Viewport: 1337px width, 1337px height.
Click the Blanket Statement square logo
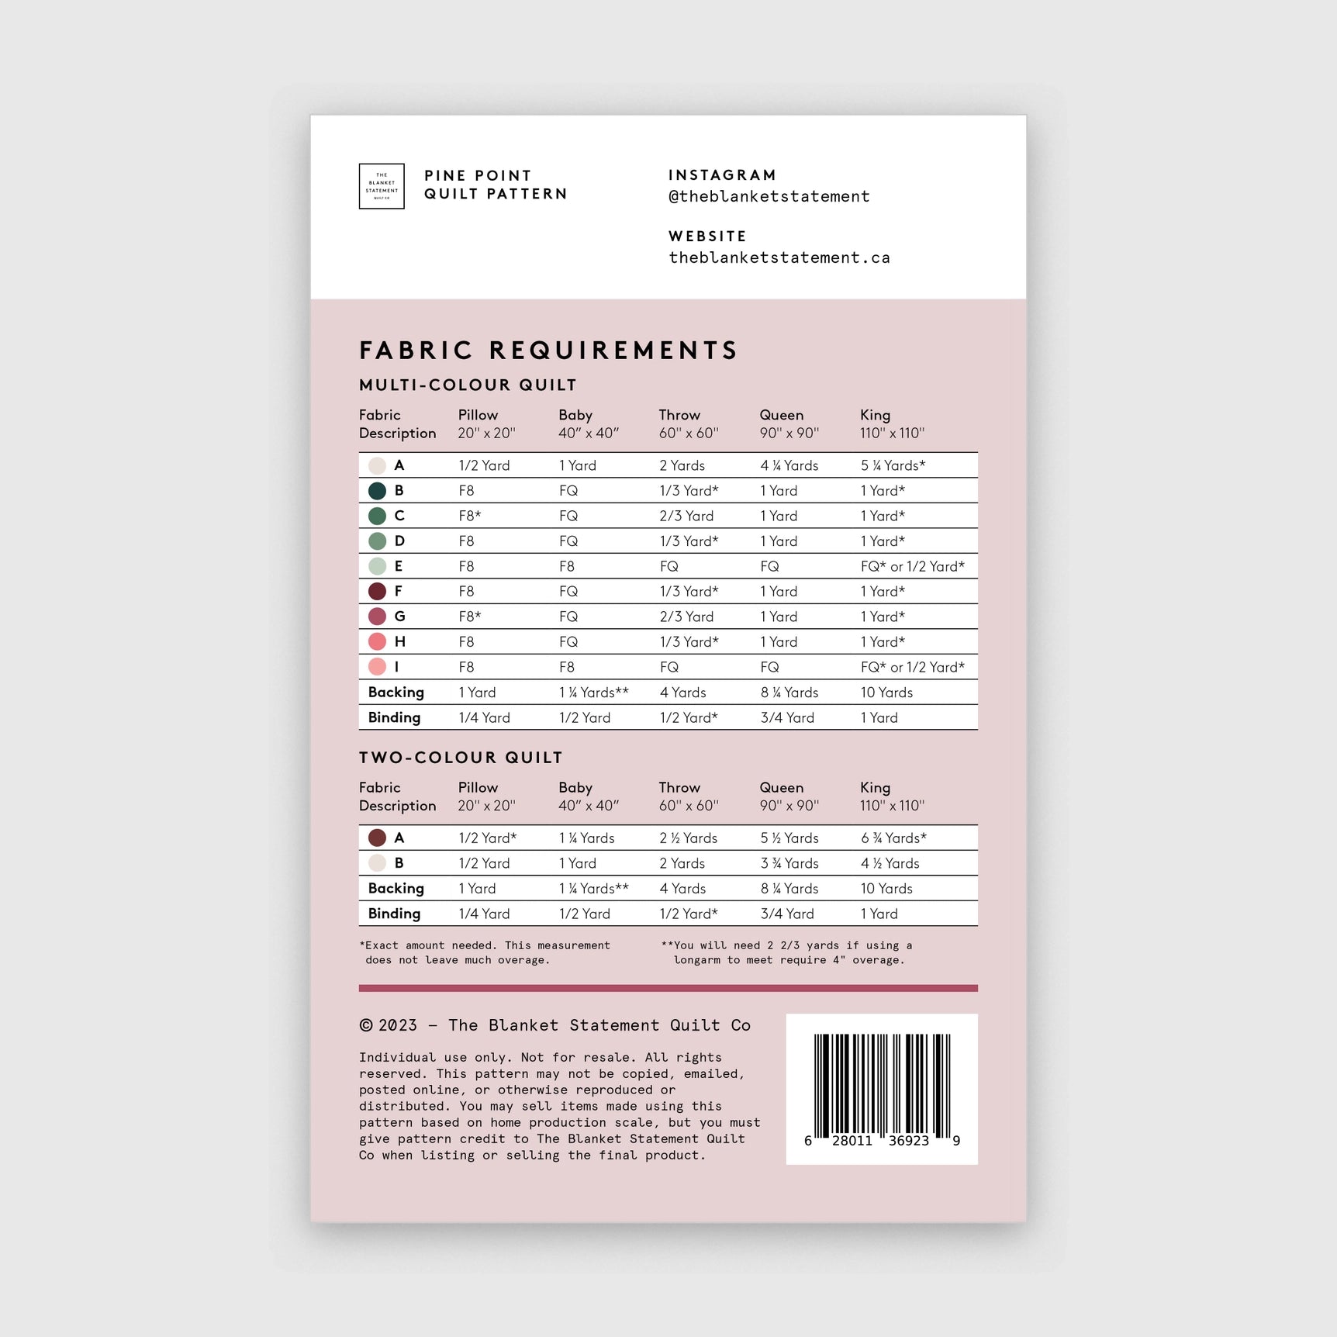[382, 186]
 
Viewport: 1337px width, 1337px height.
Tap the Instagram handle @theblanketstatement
[769, 197]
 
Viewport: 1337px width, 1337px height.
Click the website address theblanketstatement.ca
[779, 258]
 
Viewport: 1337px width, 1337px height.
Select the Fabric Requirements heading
[548, 351]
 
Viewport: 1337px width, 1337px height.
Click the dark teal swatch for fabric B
[377, 491]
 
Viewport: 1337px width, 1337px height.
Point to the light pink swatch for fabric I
[377, 667]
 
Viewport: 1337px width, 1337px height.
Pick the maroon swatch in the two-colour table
[377, 838]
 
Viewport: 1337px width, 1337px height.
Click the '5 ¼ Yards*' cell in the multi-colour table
[893, 465]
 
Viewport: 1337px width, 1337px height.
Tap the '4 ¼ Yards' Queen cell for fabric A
[789, 465]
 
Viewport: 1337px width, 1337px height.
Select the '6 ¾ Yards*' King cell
[893, 838]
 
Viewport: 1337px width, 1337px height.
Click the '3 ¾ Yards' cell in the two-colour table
[789, 863]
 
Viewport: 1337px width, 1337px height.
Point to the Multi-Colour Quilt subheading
[468, 385]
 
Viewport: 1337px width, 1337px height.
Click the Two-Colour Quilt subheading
[461, 758]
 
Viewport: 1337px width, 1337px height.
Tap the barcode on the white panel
[882, 1086]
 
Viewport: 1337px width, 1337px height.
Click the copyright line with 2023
[554, 1025]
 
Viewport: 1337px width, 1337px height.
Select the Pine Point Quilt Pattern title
[495, 185]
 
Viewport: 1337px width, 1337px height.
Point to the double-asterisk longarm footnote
[786, 952]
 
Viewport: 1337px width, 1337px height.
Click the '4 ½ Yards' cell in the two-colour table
[890, 863]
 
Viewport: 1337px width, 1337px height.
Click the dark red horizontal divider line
[668, 988]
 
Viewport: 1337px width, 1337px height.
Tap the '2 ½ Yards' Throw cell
[688, 838]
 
